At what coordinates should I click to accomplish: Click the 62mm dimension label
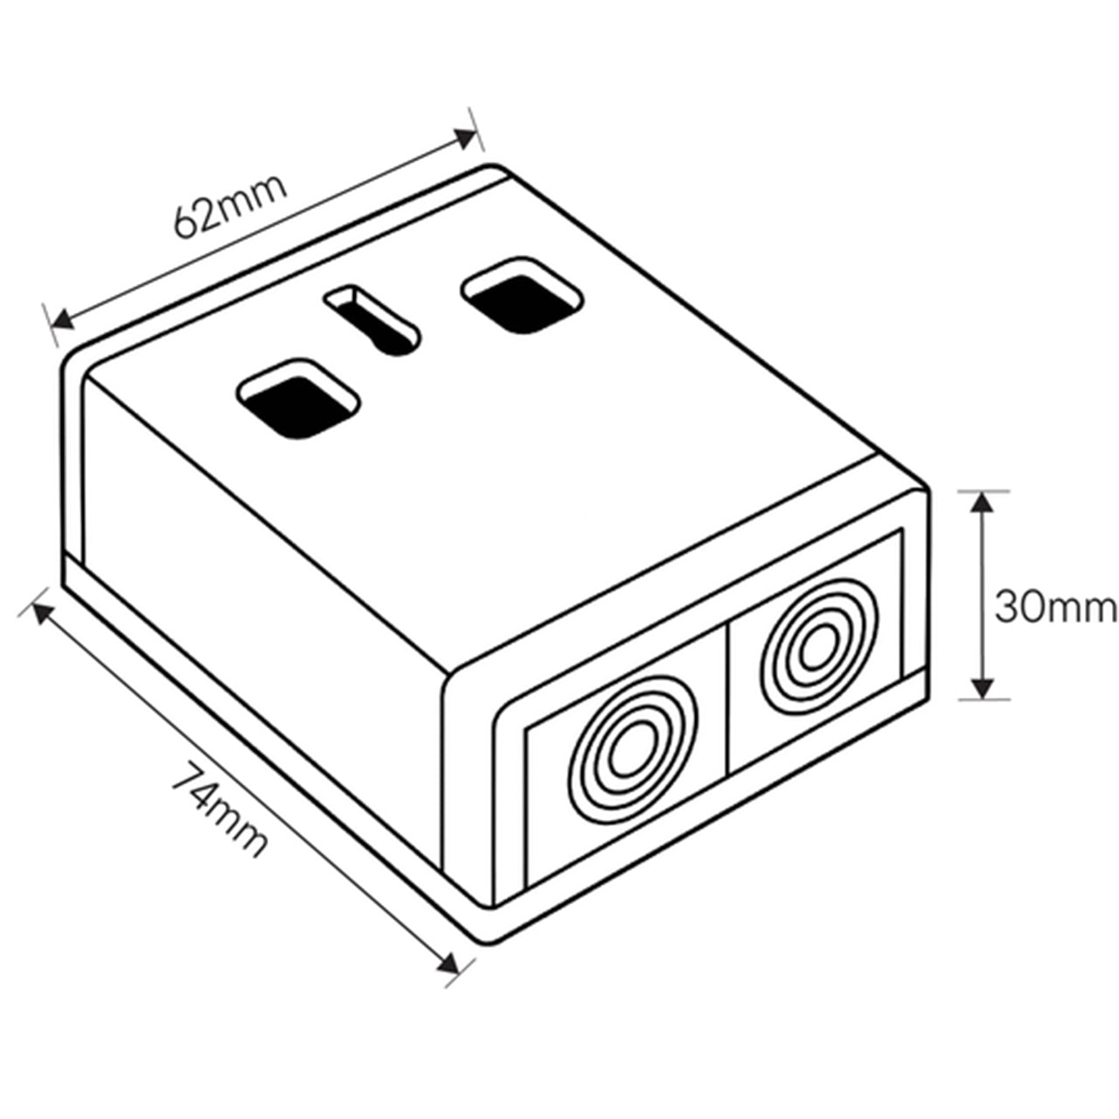230,206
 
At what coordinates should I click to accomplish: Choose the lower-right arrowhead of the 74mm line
450,964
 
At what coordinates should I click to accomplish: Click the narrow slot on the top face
372,319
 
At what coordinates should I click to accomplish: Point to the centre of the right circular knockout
817,648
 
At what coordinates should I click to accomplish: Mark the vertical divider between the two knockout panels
727,699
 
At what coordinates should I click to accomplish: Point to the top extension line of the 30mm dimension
983,491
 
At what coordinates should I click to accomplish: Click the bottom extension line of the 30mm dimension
983,699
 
